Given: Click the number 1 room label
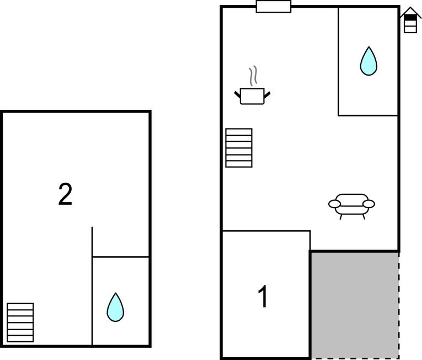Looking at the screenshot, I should coord(264,297).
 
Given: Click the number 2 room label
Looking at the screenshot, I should coord(65,195).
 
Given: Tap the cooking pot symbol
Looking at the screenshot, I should coord(253,96).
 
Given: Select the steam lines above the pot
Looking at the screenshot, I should coord(253,76).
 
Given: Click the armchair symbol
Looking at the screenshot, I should coord(351,204).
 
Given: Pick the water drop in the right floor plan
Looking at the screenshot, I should coord(368,61).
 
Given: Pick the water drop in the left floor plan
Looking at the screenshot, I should coord(115,307).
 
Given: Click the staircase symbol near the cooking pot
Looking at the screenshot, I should coord(239,147).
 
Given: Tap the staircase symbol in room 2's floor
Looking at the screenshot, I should coord(20,322).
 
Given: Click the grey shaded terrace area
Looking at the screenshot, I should coord(355,305).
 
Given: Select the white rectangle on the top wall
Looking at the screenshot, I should coord(273,7).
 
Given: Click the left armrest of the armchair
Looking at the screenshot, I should coord(334,204).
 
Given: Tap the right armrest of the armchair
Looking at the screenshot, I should coord(368,204).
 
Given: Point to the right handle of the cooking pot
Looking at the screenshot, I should coord(267,94).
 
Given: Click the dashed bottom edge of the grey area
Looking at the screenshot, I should coord(355,358).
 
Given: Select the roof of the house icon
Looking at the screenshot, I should coord(410,12).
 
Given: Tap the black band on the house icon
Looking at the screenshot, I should coord(410,19).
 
